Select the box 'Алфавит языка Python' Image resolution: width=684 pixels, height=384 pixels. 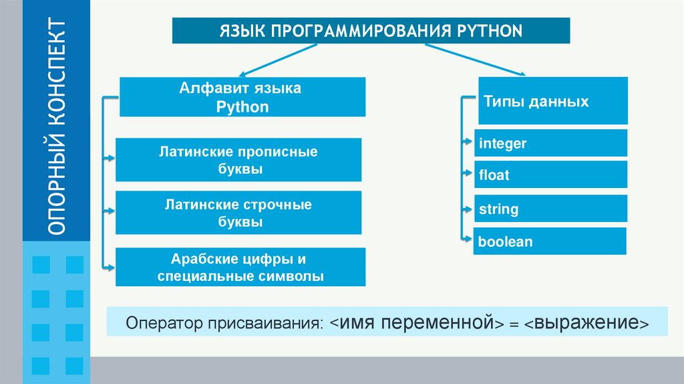242,97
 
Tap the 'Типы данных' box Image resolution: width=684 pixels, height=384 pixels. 552,101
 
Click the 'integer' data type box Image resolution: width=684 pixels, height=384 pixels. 551,143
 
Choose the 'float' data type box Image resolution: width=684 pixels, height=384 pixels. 551,175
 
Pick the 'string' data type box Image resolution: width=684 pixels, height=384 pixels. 551,209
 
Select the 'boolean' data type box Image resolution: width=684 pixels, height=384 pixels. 550,242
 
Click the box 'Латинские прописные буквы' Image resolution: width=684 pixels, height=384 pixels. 238,160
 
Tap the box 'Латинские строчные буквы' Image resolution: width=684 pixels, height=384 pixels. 238,213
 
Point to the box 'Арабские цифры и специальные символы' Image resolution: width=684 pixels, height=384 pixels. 240,268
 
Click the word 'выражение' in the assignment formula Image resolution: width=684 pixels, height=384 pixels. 586,323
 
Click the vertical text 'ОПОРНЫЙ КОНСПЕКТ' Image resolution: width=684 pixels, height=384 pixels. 57,127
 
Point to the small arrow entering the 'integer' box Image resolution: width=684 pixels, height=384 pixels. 468,142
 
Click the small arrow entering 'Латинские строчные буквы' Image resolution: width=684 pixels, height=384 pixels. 108,212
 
